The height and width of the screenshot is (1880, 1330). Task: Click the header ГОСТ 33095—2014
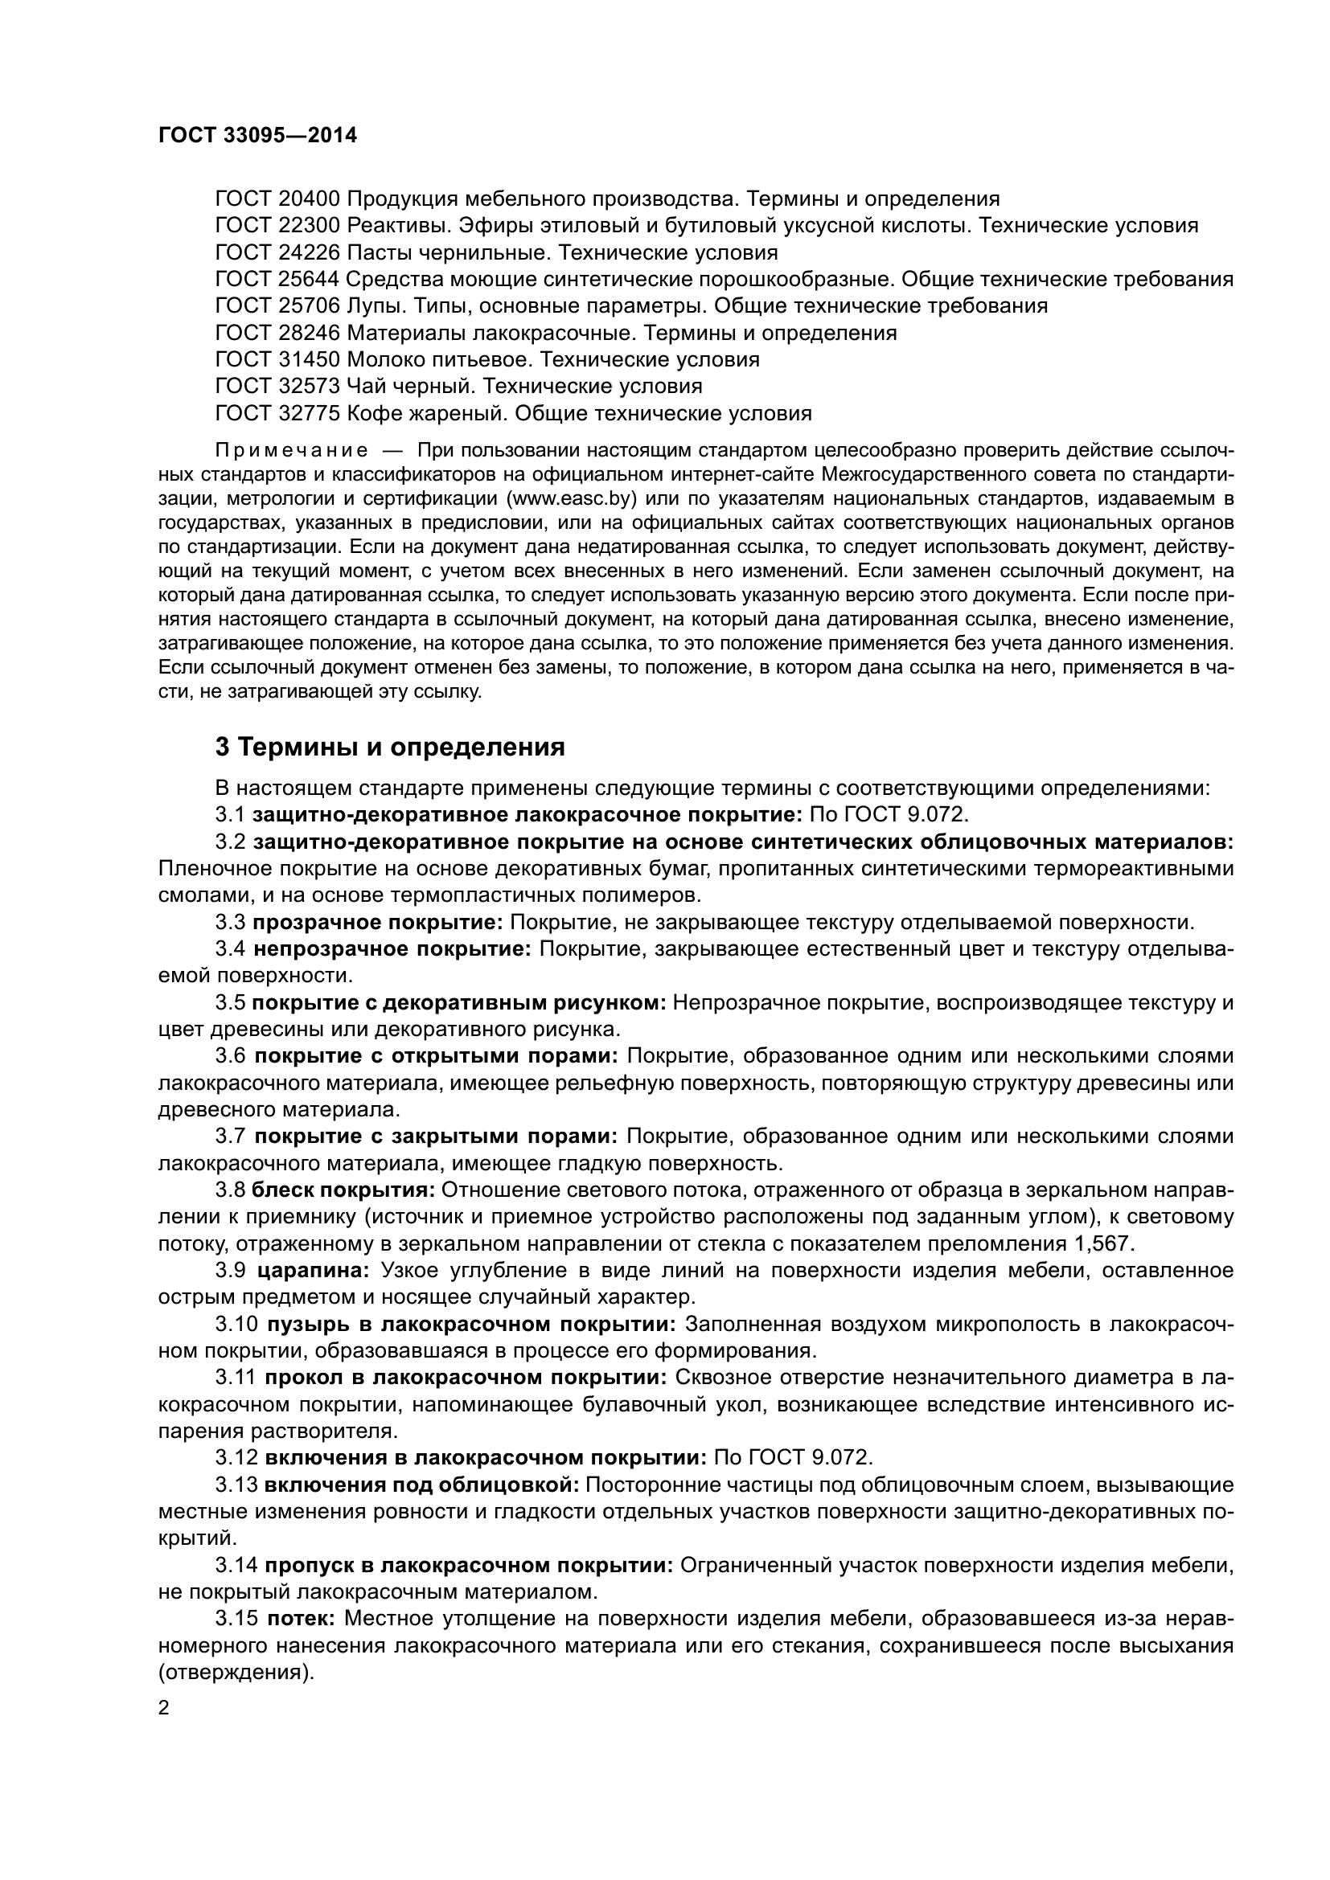click(257, 135)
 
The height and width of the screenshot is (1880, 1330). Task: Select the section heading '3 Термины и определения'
click(390, 747)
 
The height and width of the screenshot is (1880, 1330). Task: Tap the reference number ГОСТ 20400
click(277, 199)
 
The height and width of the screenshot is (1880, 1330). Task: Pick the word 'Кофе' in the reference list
click(372, 413)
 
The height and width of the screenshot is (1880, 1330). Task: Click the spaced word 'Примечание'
click(291, 450)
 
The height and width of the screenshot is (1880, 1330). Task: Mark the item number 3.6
click(230, 1056)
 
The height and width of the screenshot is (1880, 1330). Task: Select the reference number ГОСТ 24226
click(277, 252)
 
